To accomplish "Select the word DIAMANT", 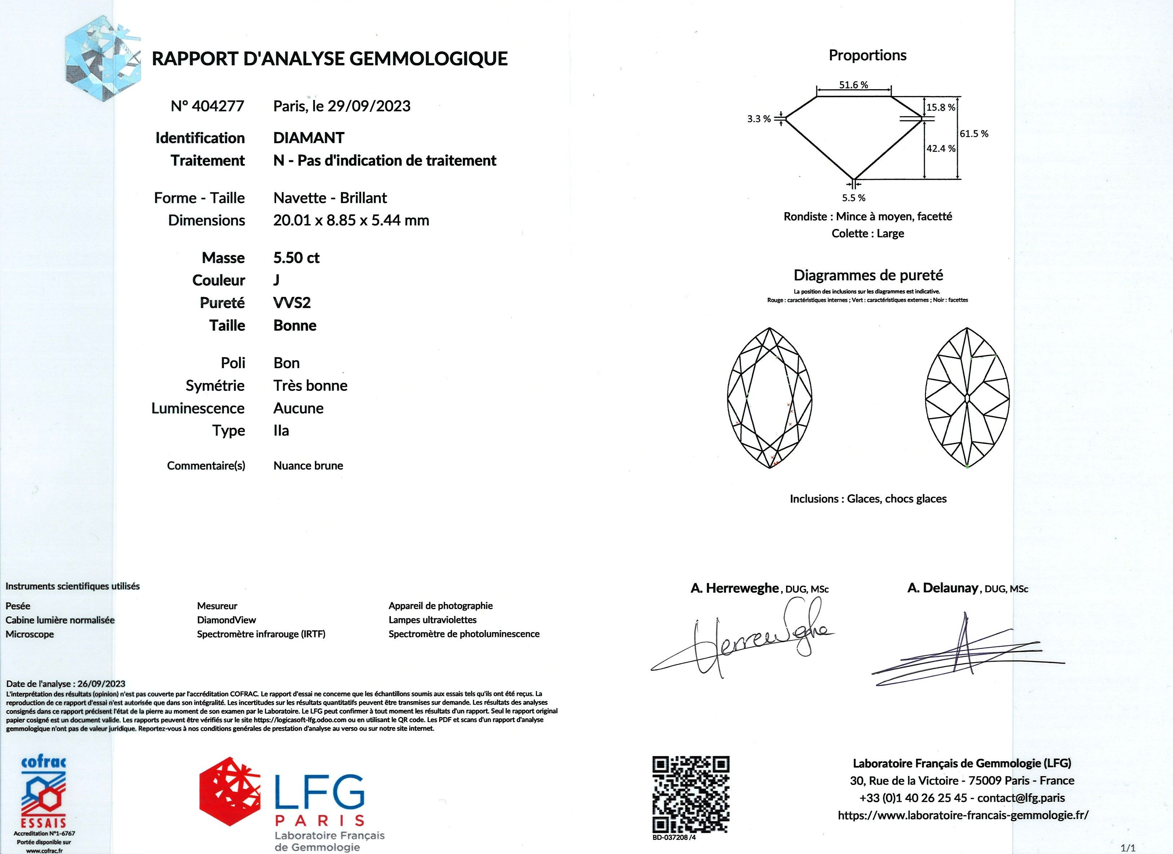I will (x=308, y=138).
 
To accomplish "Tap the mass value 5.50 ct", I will (x=297, y=257).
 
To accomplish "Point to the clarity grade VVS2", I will (x=292, y=302).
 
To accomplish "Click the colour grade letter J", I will (x=276, y=280).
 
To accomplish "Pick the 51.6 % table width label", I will (x=853, y=85).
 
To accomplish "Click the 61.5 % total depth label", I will (x=974, y=134).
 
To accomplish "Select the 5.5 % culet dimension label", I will (x=853, y=198).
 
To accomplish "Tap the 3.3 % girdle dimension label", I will (x=758, y=119).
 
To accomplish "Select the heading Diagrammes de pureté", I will (x=868, y=275).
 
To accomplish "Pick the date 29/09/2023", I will (x=369, y=106).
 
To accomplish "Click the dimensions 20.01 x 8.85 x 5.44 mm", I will (x=351, y=220).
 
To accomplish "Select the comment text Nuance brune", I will (x=308, y=466).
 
